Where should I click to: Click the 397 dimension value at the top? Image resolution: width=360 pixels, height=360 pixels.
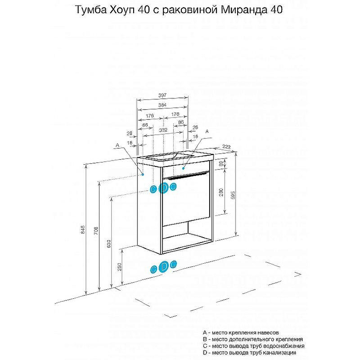point(162,95)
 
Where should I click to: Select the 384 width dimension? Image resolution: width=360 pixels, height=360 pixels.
point(162,105)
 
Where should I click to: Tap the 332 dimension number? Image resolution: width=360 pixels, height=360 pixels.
point(163,130)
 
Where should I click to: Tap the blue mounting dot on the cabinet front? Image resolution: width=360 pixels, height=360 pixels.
point(184,168)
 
